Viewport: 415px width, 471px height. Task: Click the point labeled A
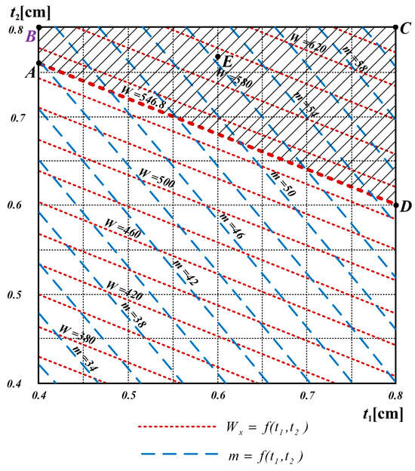[38, 63]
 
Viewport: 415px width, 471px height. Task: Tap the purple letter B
[30, 34]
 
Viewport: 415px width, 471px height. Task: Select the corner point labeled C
[396, 27]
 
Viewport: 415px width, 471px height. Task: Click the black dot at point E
[217, 57]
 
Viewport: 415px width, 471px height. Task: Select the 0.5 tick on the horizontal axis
[128, 395]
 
